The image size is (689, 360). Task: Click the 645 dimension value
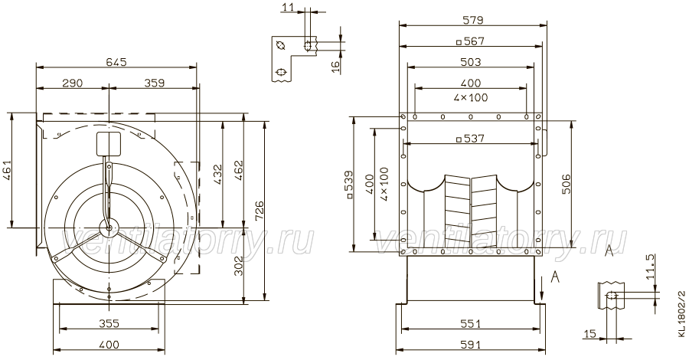click(116, 62)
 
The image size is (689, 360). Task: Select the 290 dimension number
click(73, 83)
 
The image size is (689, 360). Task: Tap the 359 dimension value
click(154, 83)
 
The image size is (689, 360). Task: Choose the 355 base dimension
click(109, 323)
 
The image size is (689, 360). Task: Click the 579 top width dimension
click(473, 20)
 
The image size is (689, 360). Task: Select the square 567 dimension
click(471, 41)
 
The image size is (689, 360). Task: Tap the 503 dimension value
click(471, 62)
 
